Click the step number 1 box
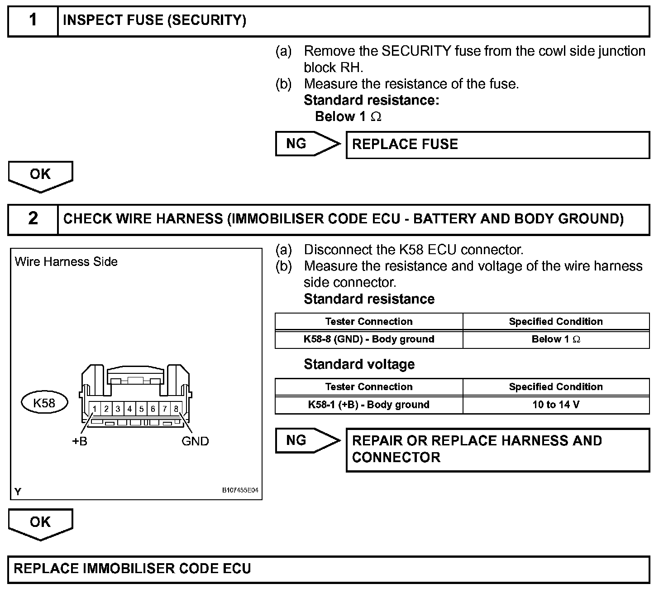33,21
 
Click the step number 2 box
33,219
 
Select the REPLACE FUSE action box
497,145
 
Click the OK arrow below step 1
40,176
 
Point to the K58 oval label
44,403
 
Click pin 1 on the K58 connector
95,409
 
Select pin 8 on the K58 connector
176,409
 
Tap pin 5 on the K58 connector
141,409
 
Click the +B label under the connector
80,441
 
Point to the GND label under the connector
195,441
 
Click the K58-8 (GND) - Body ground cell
369,339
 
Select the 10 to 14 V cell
556,405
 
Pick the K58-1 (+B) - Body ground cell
369,405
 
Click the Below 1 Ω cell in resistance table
556,339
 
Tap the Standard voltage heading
359,364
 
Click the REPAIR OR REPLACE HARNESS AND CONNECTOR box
497,449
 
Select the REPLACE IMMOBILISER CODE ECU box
329,569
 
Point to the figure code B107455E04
240,491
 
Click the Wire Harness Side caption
66,262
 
